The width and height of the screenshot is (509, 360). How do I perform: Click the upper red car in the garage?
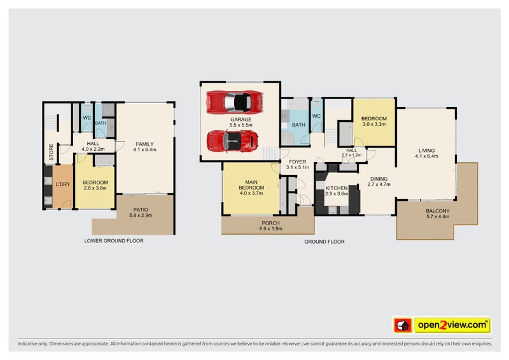(x=235, y=102)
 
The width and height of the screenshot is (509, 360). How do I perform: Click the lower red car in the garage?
(x=233, y=141)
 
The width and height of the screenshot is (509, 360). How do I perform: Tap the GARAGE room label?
(x=241, y=119)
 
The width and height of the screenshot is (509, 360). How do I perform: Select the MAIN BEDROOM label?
(x=251, y=184)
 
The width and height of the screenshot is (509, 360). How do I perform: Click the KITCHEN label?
(x=337, y=188)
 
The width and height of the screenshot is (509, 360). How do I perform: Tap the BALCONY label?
(x=437, y=211)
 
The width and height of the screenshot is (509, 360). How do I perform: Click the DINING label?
(x=379, y=179)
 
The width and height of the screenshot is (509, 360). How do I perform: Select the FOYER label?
(x=298, y=162)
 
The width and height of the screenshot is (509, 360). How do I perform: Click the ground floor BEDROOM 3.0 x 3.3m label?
(x=373, y=119)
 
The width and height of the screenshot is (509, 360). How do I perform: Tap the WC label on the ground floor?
(x=316, y=116)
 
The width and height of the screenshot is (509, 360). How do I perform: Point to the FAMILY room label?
(x=144, y=144)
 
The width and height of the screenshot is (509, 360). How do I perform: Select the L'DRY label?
(x=62, y=184)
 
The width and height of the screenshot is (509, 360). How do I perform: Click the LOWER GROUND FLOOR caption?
(x=114, y=241)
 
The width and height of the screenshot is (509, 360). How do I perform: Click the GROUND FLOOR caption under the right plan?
(x=324, y=242)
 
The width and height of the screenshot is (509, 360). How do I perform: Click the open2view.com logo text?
(x=452, y=326)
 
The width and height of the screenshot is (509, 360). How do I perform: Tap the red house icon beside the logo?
(x=403, y=326)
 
